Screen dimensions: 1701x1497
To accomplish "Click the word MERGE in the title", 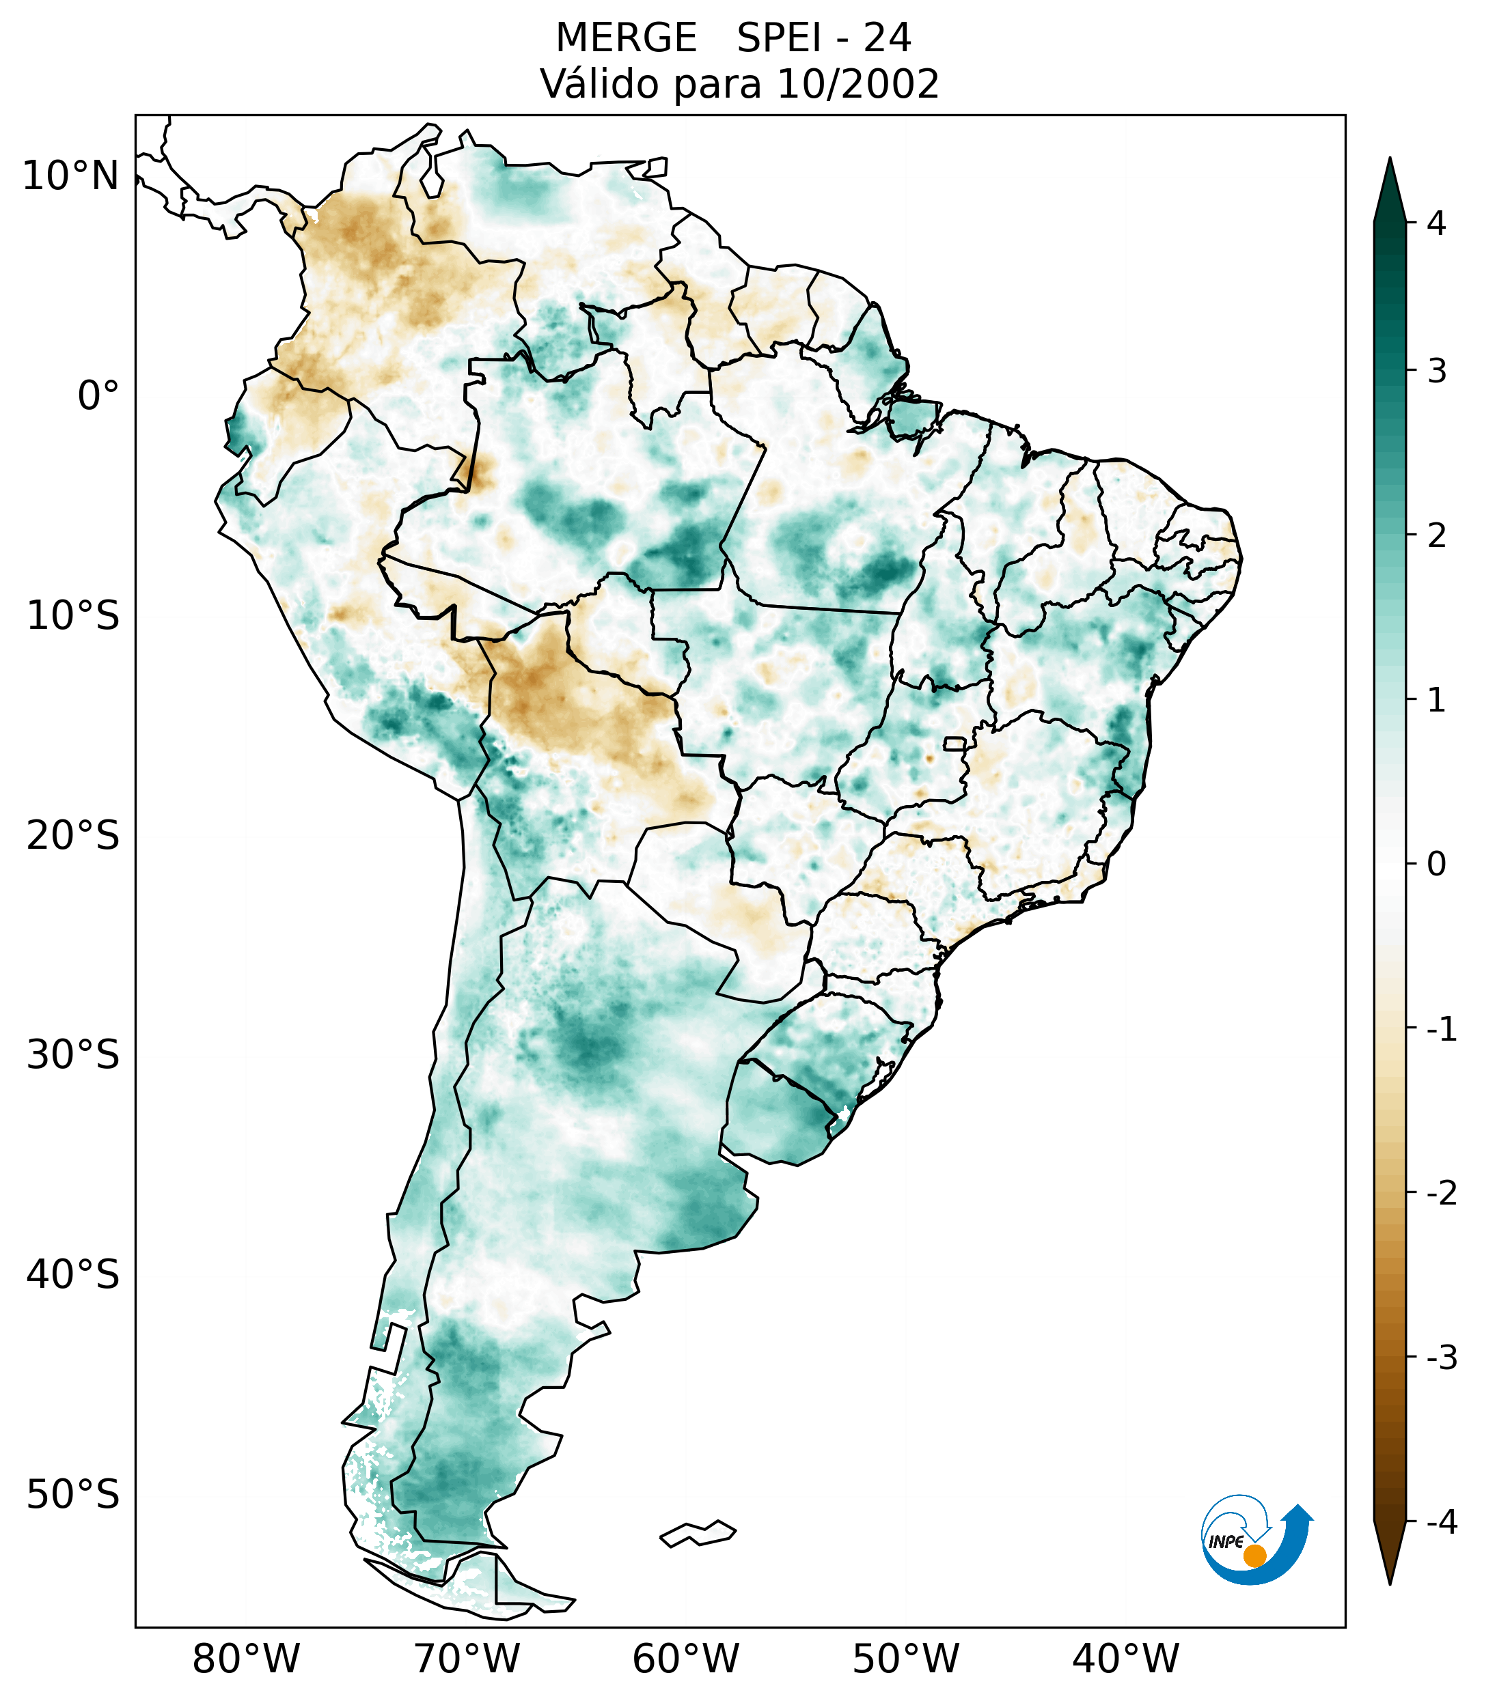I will [625, 38].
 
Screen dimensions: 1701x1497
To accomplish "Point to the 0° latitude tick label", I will [98, 396].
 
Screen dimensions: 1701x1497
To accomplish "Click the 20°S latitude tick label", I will [73, 836].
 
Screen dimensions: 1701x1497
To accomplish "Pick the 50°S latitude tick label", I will [73, 1495].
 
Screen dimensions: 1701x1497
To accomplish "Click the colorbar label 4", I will [1436, 223].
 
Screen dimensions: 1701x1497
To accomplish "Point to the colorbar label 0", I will [1436, 864].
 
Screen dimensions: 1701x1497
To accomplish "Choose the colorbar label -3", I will [1441, 1358].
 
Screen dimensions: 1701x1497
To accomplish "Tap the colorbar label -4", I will [1441, 1523].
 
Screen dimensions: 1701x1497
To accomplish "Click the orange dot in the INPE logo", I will [1254, 1555].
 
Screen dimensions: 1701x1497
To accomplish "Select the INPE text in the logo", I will [1226, 1542].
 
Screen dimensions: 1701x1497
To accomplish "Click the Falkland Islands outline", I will [698, 1534].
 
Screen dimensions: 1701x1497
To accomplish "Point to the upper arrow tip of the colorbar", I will [1389, 160].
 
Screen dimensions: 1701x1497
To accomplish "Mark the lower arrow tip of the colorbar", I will [1389, 1583].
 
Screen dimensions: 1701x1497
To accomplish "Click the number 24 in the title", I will [887, 38].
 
